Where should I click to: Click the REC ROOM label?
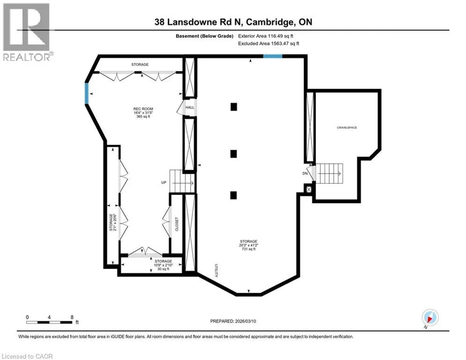[x=143, y=109]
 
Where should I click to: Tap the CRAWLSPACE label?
[x=347, y=127]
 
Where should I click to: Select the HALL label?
[x=190, y=107]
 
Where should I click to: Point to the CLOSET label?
[x=177, y=224]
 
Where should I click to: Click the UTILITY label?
[x=216, y=270]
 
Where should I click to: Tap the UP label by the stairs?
[x=164, y=182]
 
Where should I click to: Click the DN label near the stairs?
[x=305, y=173]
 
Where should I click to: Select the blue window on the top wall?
[x=273, y=56]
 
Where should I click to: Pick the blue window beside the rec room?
[x=87, y=93]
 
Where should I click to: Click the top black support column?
[x=234, y=106]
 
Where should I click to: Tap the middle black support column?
[x=234, y=154]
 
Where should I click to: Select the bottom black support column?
[x=234, y=195]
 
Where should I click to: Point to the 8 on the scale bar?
[x=72, y=317]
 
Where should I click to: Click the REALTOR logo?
[x=27, y=32]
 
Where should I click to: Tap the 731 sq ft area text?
[x=249, y=249]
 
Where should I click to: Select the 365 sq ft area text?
[x=143, y=117]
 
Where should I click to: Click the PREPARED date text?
[x=233, y=321]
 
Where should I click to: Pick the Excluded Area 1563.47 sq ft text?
[x=269, y=44]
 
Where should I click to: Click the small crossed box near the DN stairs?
[x=309, y=189]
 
